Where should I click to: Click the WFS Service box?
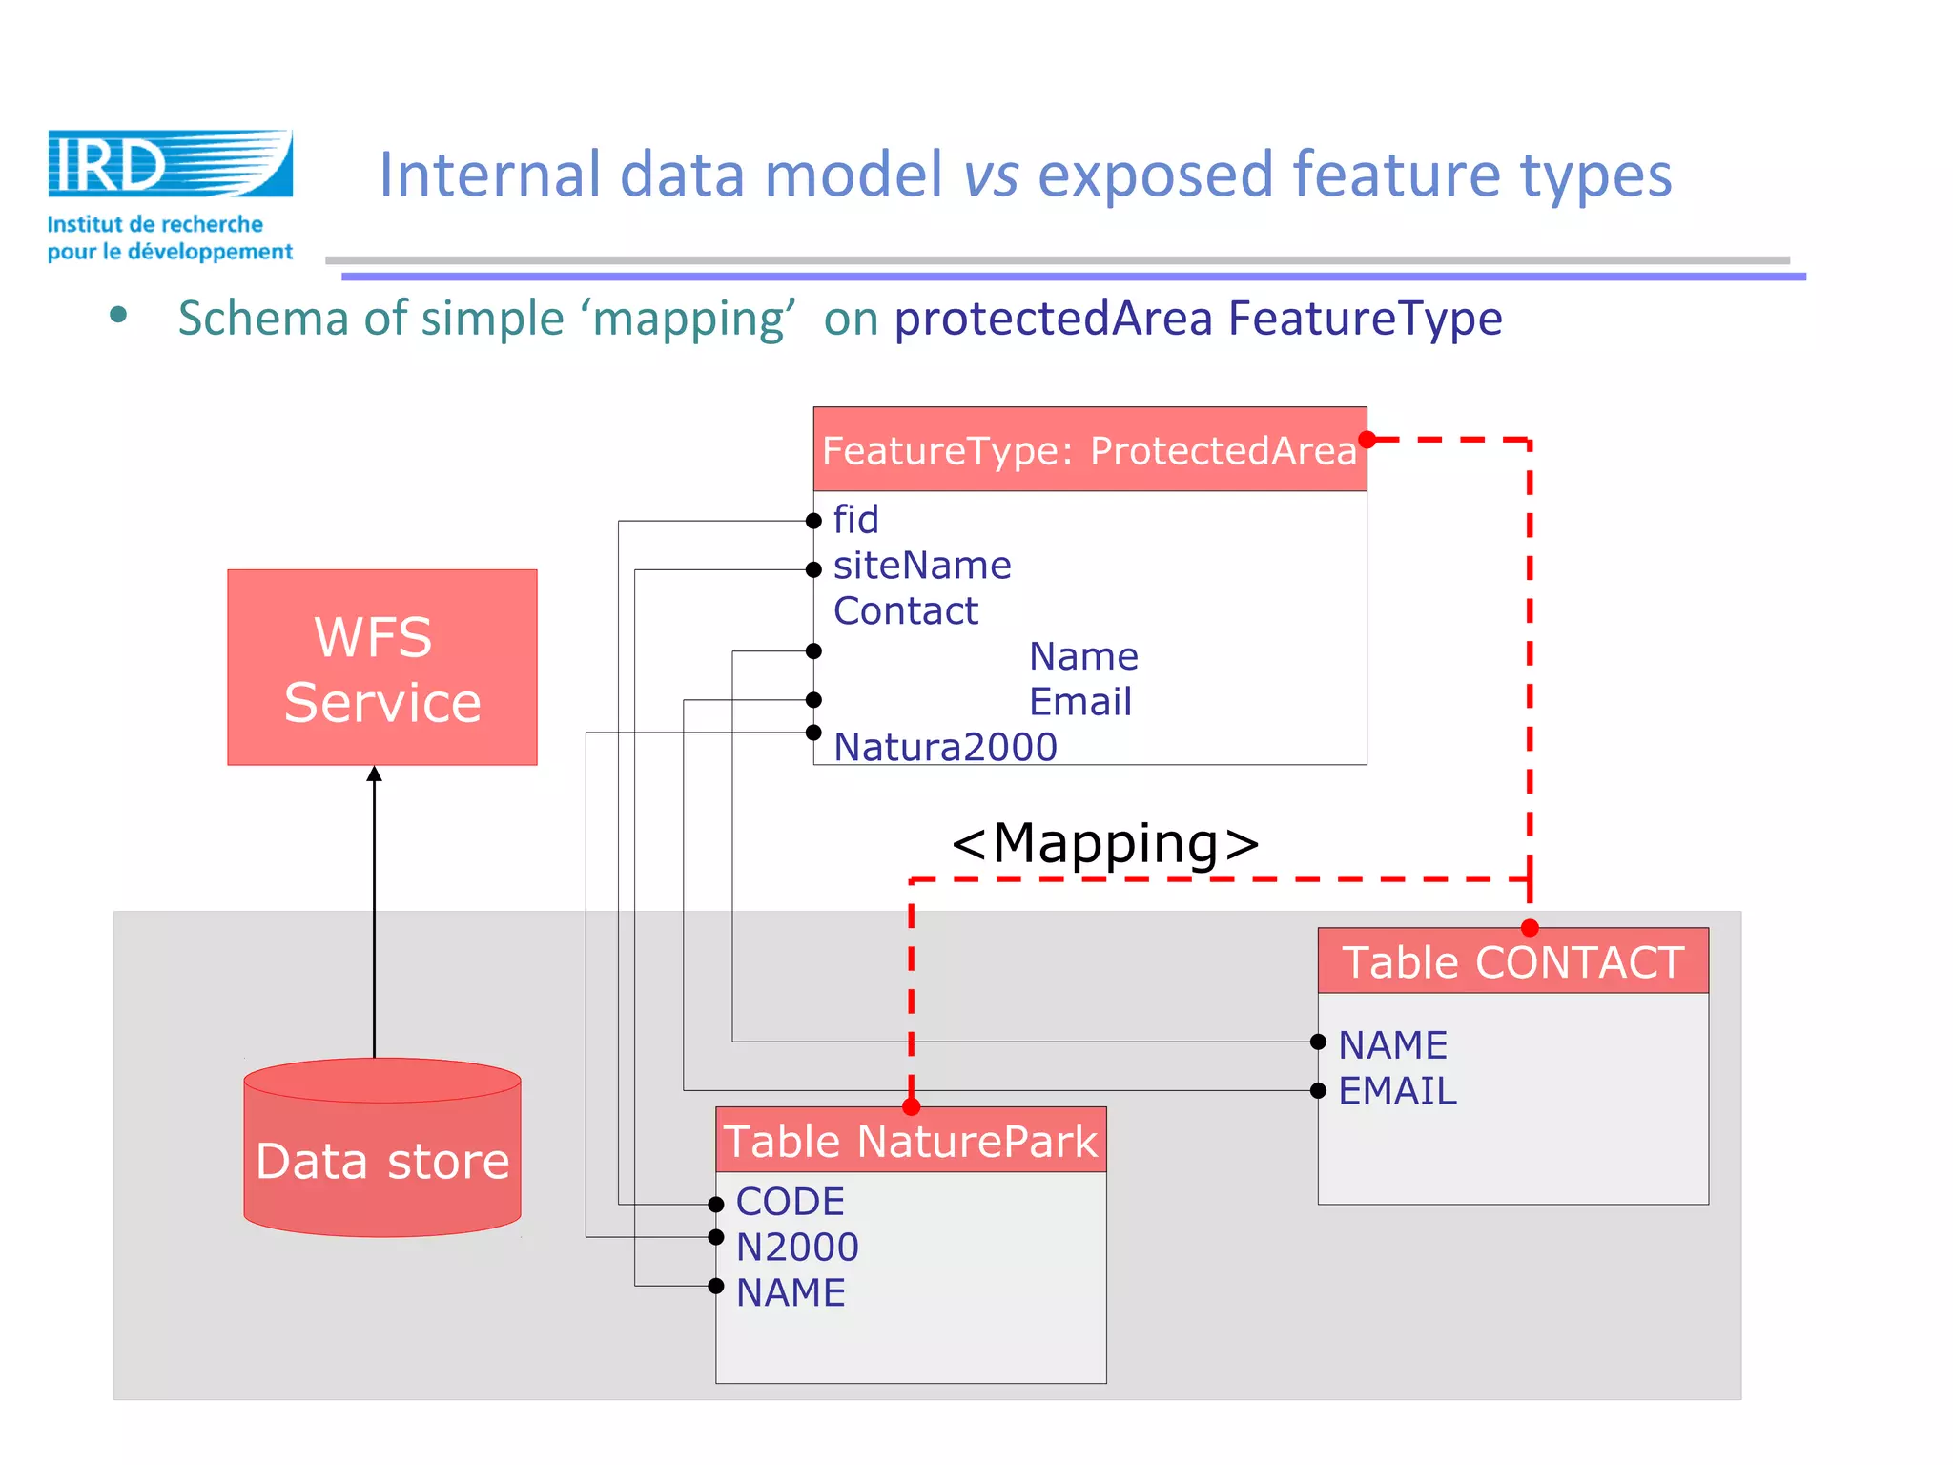(381, 668)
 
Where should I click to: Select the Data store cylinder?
(381, 1148)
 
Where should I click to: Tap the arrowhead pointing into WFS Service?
(375, 774)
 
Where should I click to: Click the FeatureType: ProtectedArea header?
(1089, 450)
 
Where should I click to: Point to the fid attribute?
(855, 520)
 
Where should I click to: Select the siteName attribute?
(921, 566)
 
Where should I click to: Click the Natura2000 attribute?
(945, 747)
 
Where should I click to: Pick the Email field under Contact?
(1080, 702)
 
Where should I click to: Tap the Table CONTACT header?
(1512, 961)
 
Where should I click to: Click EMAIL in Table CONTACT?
(1397, 1091)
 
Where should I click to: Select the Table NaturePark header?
(911, 1141)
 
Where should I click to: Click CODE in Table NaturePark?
(790, 1202)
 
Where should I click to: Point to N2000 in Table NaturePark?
(797, 1248)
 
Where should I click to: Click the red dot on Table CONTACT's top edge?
(1530, 928)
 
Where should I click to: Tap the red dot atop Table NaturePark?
(911, 1106)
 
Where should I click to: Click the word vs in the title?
(991, 175)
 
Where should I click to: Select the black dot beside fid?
(813, 521)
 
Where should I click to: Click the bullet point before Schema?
(118, 316)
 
